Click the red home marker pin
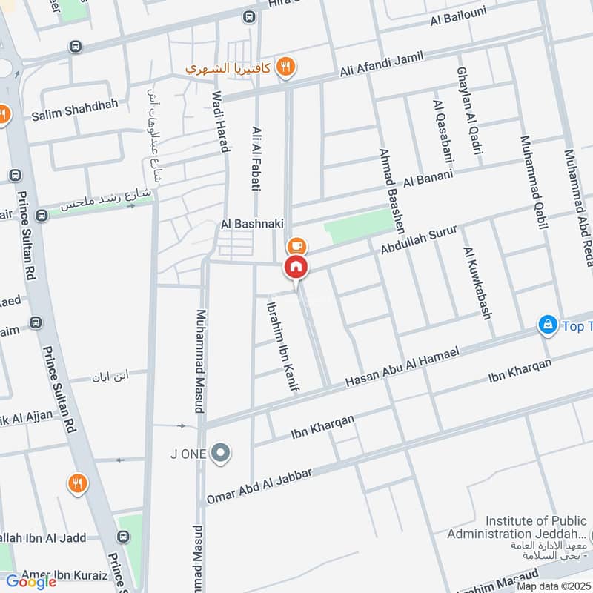(296, 268)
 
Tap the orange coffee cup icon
(296, 244)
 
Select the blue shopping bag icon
(548, 325)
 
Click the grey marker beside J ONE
(219, 453)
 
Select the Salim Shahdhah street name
(74, 105)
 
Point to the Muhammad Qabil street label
(533, 181)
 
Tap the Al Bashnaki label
(248, 223)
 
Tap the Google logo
(31, 581)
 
